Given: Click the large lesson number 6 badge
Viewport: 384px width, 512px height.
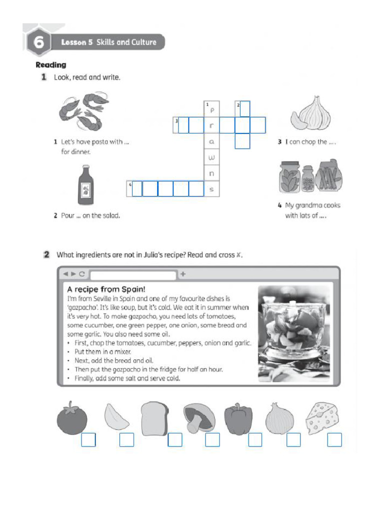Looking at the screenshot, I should coord(38,42).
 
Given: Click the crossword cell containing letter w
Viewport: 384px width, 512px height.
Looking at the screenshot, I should coord(212,157).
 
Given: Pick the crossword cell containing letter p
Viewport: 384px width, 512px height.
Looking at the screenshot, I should coord(212,109).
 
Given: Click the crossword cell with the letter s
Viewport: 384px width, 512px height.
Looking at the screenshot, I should coord(212,189).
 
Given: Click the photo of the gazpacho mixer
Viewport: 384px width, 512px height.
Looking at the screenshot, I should coord(293,333).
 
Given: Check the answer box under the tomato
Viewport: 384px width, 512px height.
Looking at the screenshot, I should coord(88,439).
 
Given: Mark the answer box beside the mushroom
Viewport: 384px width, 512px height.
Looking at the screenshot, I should coord(212,439).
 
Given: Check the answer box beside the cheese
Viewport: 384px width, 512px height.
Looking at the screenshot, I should coord(334,439).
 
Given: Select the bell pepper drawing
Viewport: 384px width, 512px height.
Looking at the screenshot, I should coord(238,418).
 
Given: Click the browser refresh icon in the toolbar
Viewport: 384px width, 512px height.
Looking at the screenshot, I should coord(81,274).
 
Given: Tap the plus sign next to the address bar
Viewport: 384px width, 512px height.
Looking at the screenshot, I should coord(183,274).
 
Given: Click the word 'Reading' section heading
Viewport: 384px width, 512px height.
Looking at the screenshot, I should coord(50,64).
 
